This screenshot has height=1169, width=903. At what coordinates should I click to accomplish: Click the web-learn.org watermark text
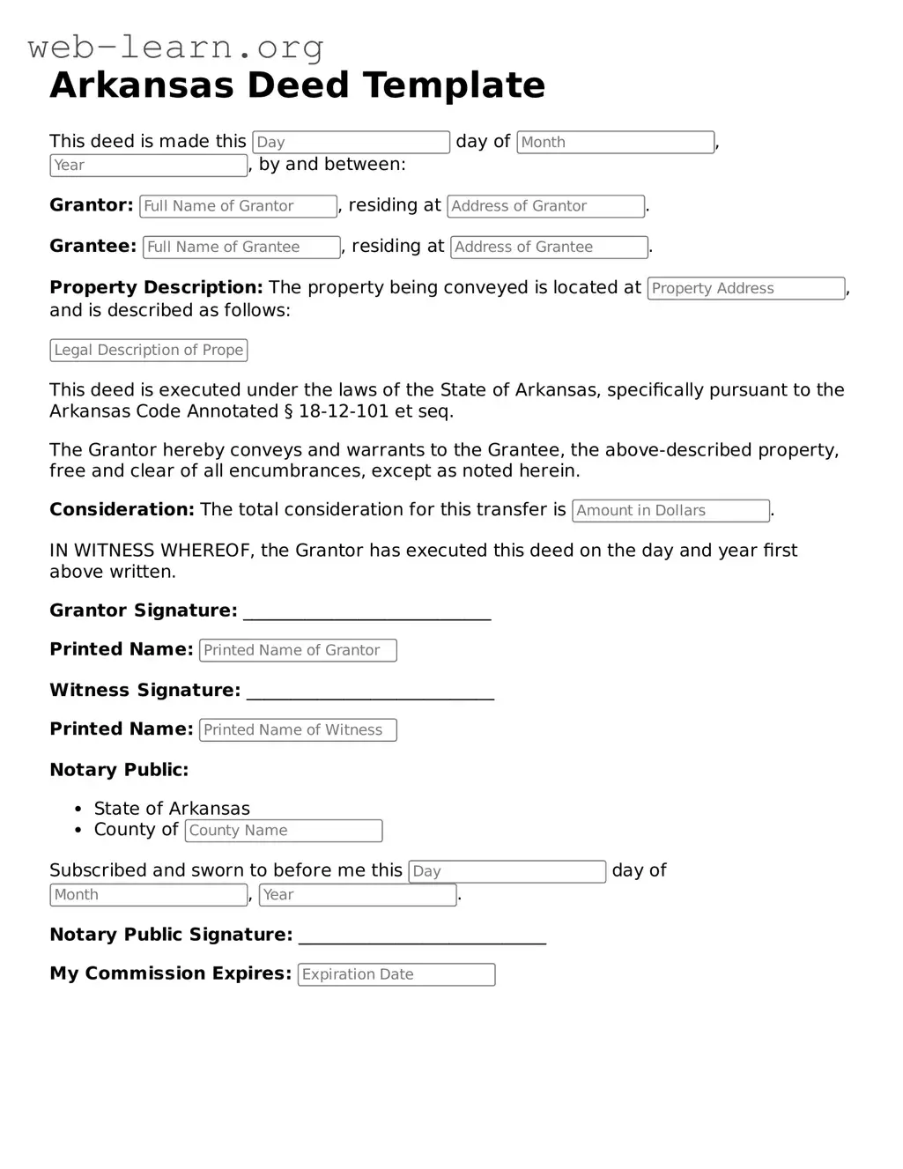coord(175,47)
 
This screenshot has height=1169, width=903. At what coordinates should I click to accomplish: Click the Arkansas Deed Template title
coord(297,85)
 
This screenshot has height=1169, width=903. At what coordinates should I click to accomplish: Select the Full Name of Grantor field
coord(238,206)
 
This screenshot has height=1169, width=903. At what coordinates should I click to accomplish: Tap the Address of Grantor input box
coord(545,206)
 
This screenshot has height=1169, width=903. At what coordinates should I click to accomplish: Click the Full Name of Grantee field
coord(241,248)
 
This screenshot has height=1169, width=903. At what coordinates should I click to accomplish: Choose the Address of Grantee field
coord(549,248)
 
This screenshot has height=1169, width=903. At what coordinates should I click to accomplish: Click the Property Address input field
coord(745,289)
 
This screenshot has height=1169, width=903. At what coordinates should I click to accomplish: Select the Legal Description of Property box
coord(148,351)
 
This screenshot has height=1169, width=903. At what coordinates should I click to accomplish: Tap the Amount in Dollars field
coord(670,511)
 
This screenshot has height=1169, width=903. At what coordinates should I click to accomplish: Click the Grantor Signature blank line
coord(366,616)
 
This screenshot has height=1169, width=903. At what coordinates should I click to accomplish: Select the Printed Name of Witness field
coord(298,730)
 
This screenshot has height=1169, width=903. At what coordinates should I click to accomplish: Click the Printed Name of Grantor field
coord(298,650)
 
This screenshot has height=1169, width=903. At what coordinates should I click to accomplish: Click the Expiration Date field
coord(396,974)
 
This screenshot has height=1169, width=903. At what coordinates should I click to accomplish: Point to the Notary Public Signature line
coord(422,940)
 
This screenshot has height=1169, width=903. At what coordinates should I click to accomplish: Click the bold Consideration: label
coord(122,510)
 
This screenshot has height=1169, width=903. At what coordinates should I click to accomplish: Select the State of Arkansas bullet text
coord(172,809)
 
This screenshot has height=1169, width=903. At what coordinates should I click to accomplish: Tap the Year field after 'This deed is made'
coord(148,166)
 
